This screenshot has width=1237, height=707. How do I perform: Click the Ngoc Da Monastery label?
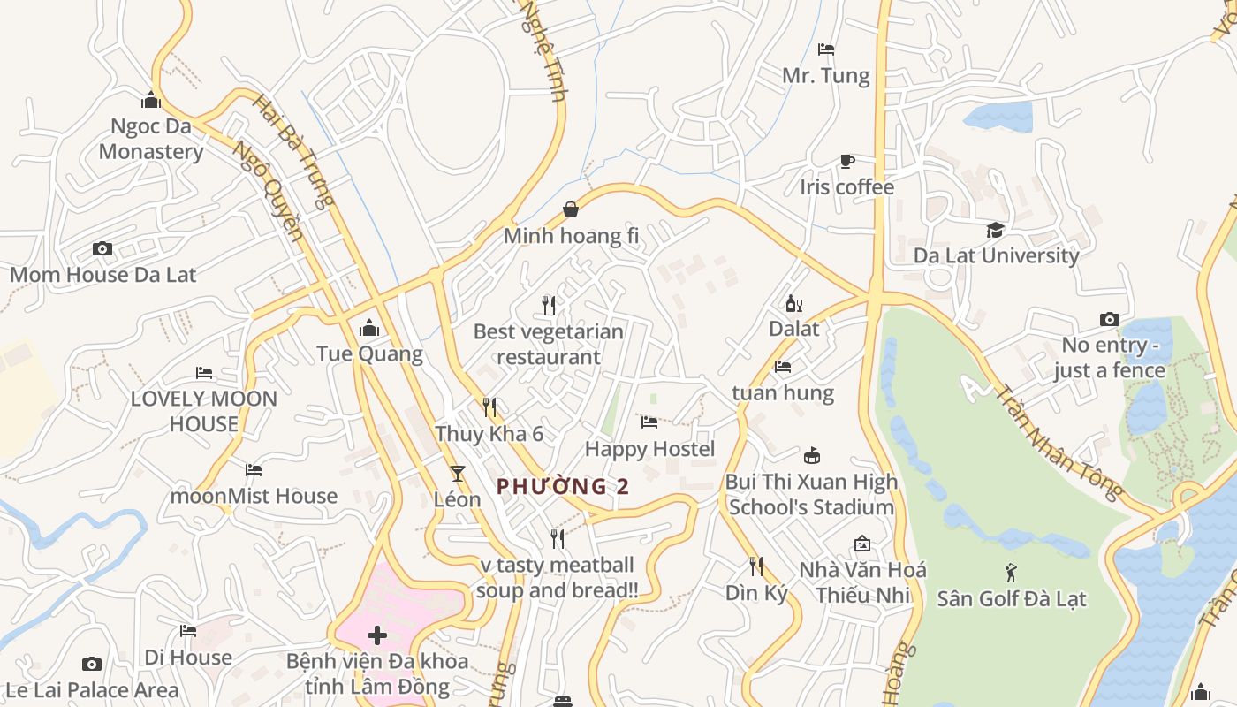pyautogui.click(x=150, y=139)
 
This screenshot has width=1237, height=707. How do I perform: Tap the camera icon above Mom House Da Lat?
pyautogui.click(x=102, y=249)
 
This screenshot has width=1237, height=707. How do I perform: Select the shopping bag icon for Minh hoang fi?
pyautogui.click(x=571, y=209)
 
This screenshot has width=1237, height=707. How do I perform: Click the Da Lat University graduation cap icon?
pyautogui.click(x=996, y=230)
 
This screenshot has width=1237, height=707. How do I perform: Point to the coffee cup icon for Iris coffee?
pyautogui.click(x=846, y=161)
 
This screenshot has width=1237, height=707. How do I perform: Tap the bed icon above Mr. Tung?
pyautogui.click(x=826, y=49)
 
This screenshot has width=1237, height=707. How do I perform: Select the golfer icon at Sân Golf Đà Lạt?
pyautogui.click(x=1011, y=573)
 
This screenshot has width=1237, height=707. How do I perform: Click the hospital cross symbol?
pyautogui.click(x=377, y=635)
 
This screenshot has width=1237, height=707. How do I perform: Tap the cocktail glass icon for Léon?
pyautogui.click(x=457, y=474)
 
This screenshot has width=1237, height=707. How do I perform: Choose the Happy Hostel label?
pyautogui.click(x=649, y=449)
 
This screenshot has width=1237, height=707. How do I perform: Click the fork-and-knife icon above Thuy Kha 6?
pyautogui.click(x=489, y=407)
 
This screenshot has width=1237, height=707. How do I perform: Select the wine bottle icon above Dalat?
pyautogui.click(x=793, y=304)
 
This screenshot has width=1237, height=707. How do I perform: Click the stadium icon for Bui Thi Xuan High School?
pyautogui.click(x=811, y=456)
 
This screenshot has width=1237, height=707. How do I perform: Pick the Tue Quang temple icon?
pyautogui.click(x=369, y=329)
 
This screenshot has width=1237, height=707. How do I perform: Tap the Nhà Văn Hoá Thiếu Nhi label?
pyautogui.click(x=862, y=582)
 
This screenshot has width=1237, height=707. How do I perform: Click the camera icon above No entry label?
pyautogui.click(x=1110, y=319)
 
